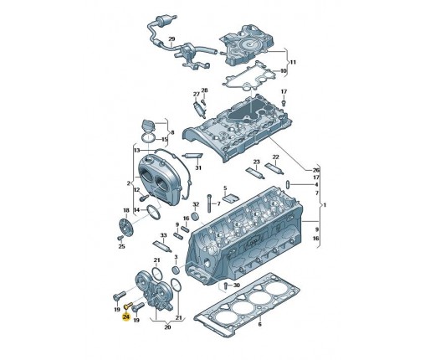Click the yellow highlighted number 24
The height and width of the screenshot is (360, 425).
tap(126, 316)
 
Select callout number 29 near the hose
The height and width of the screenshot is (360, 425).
tap(172, 39)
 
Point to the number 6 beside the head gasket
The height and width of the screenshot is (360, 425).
tap(259, 324)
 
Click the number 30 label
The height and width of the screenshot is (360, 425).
tap(236, 285)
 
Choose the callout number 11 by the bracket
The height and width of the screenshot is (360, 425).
tap(293, 62)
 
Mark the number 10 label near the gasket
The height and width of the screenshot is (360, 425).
tap(284, 71)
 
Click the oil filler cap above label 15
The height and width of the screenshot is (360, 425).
tap(148, 126)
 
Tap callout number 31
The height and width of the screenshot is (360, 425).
tap(198, 167)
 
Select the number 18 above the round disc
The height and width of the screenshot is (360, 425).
tap(126, 210)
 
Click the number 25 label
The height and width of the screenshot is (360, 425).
tap(121, 246)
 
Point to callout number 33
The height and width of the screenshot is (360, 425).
tap(163, 235)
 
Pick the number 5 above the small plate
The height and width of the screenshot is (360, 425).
tap(225, 188)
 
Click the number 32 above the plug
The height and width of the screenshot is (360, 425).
tap(196, 204)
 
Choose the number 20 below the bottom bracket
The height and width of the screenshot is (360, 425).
tap(167, 327)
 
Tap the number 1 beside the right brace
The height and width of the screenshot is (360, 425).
tap(325, 205)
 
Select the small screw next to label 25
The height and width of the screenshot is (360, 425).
tap(120, 238)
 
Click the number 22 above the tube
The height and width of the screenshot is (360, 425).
tap(275, 157)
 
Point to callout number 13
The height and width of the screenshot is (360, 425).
tap(136, 151)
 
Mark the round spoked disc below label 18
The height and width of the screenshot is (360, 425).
tap(126, 227)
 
